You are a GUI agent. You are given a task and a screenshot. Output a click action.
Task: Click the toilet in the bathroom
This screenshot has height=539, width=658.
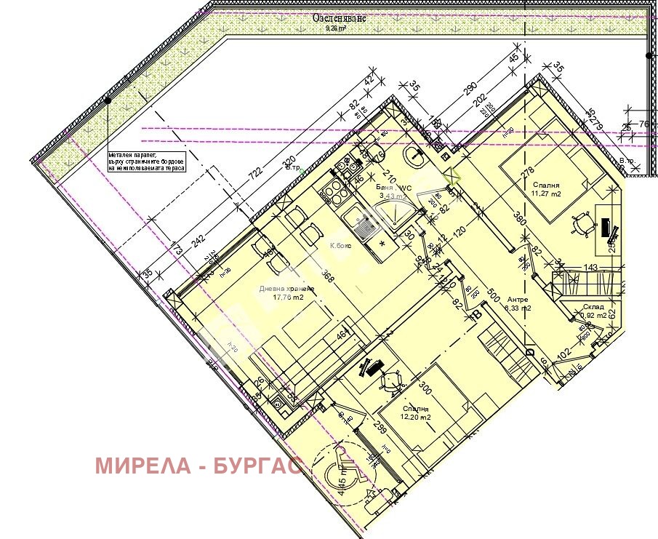pyautogui.click(x=376, y=153)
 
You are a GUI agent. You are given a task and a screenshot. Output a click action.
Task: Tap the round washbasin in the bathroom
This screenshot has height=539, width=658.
pyautogui.click(x=415, y=155)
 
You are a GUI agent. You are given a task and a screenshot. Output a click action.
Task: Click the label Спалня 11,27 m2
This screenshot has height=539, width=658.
pyautogui.click(x=546, y=189)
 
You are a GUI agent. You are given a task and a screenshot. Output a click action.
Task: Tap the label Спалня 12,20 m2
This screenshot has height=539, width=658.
pyautogui.click(x=415, y=413)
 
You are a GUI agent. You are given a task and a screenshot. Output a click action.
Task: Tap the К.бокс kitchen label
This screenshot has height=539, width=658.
pyautogui.click(x=340, y=245)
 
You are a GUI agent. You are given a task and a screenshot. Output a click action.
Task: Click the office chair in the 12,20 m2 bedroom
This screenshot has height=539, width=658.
pyautogui.click(x=393, y=379)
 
